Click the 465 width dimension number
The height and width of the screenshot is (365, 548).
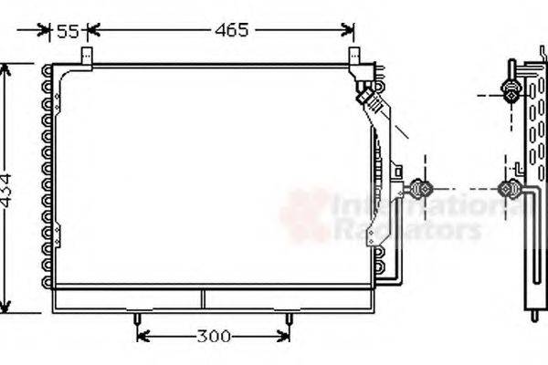[x=232, y=30]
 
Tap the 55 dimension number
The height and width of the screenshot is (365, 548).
[x=68, y=32]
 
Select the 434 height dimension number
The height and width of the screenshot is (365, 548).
[x=7, y=190]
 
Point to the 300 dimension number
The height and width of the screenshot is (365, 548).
[x=212, y=337]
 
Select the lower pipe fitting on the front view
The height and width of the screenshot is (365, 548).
[x=421, y=189]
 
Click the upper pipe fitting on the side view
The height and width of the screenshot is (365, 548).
[x=511, y=90]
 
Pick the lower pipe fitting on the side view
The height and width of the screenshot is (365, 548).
[x=509, y=189]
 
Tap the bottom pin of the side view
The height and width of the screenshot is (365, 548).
[x=534, y=316]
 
